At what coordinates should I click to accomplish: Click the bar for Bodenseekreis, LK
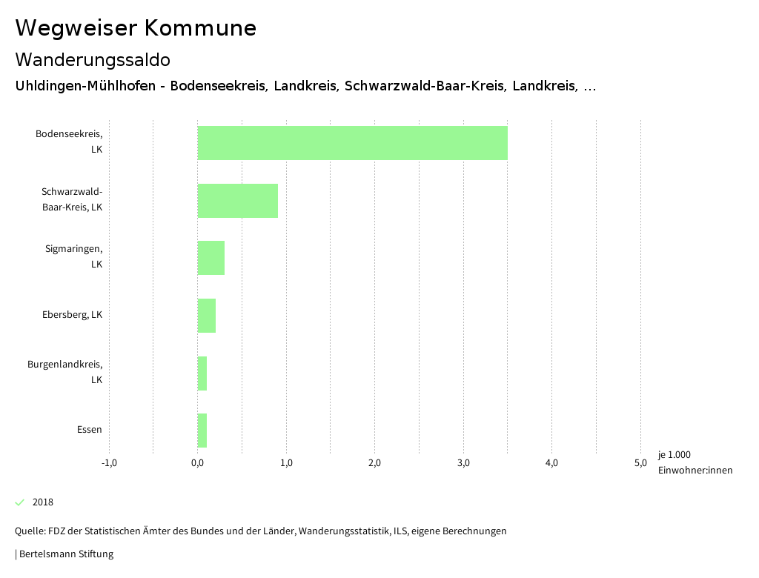[x=352, y=143]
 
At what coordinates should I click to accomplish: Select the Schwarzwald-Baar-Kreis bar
[x=237, y=200]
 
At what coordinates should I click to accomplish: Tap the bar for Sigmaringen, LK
[x=211, y=258]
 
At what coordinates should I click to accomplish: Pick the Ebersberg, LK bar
[x=206, y=316]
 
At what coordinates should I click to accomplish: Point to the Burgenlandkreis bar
[x=202, y=373]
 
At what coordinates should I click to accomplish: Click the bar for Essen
[x=202, y=431]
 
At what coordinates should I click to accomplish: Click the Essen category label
[x=89, y=430]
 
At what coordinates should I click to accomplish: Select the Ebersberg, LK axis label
[x=72, y=315]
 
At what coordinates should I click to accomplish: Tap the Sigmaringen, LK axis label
[x=73, y=256]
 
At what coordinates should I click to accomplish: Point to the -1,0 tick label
[x=109, y=463]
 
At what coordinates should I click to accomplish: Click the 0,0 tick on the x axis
[x=197, y=463]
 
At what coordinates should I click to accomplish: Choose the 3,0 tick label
[x=463, y=463]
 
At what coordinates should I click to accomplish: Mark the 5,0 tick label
[x=640, y=463]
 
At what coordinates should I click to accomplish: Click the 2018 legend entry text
[x=43, y=502]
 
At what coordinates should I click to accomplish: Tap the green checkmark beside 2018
[x=20, y=502]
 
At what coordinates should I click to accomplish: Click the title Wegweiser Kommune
[x=136, y=28]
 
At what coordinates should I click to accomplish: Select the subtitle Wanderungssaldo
[x=93, y=59]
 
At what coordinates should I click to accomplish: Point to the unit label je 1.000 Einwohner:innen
[x=694, y=462]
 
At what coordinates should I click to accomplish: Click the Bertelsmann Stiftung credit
[x=65, y=554]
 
